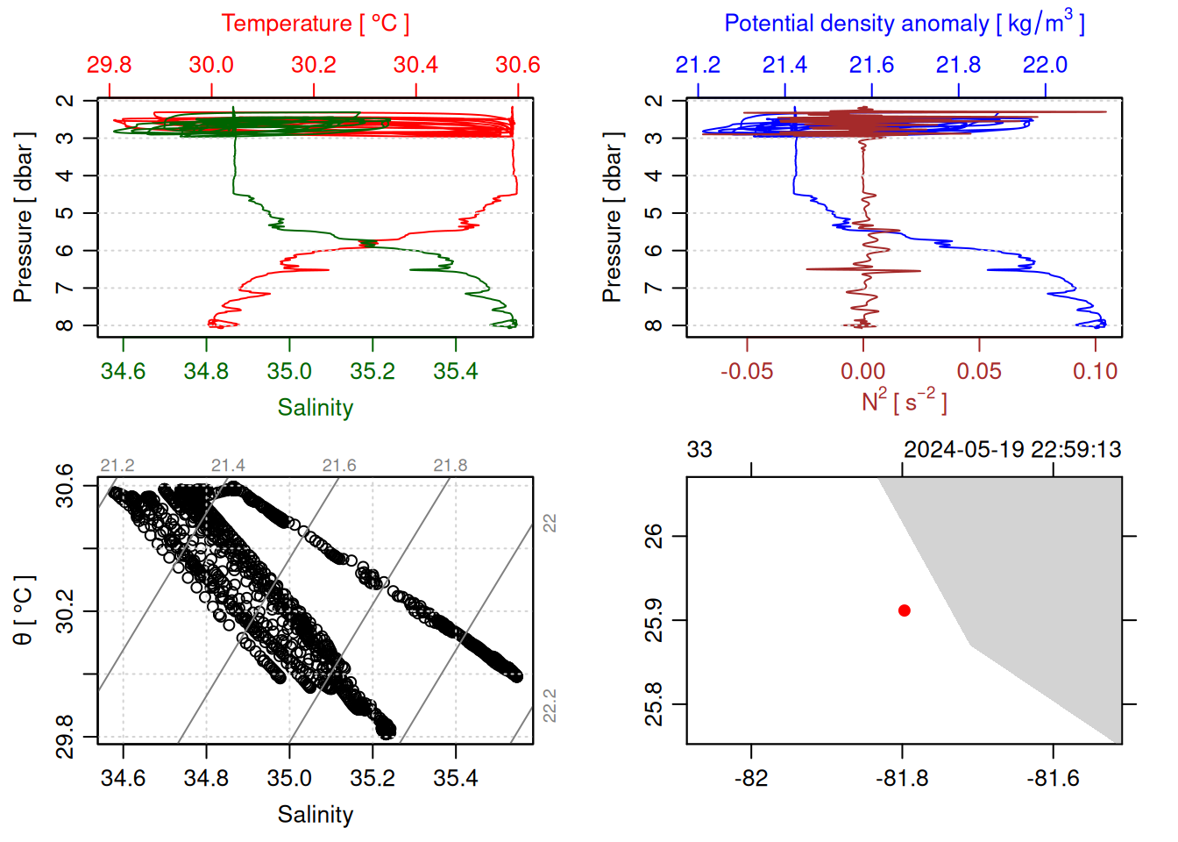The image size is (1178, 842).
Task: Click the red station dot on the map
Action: point(904,610)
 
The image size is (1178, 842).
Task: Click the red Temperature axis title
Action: point(315,24)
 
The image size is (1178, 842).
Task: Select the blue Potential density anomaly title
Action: point(904,24)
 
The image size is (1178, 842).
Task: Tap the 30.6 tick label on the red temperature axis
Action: point(517,65)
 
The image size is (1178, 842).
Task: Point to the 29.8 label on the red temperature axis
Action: point(109,65)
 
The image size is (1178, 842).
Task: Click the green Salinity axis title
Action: point(315,408)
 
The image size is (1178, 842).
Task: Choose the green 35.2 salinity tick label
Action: point(373,371)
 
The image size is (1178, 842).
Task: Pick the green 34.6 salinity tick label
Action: point(123,371)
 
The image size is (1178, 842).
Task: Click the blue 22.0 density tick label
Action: point(1045,65)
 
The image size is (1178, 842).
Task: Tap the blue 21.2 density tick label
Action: point(698,65)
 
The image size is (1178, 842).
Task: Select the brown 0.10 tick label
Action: point(1095,371)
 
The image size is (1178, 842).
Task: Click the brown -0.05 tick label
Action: point(747,371)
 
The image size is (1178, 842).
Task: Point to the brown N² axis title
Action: point(904,401)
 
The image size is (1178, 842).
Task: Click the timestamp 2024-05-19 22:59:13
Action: point(1012,450)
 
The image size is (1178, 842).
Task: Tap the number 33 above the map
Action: point(699,450)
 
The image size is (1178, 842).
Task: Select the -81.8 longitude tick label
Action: point(902,779)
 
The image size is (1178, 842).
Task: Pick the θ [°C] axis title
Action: point(24,610)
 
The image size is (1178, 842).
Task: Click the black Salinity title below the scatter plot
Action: point(315,815)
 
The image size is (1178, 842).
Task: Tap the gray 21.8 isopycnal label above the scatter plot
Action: point(450,466)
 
